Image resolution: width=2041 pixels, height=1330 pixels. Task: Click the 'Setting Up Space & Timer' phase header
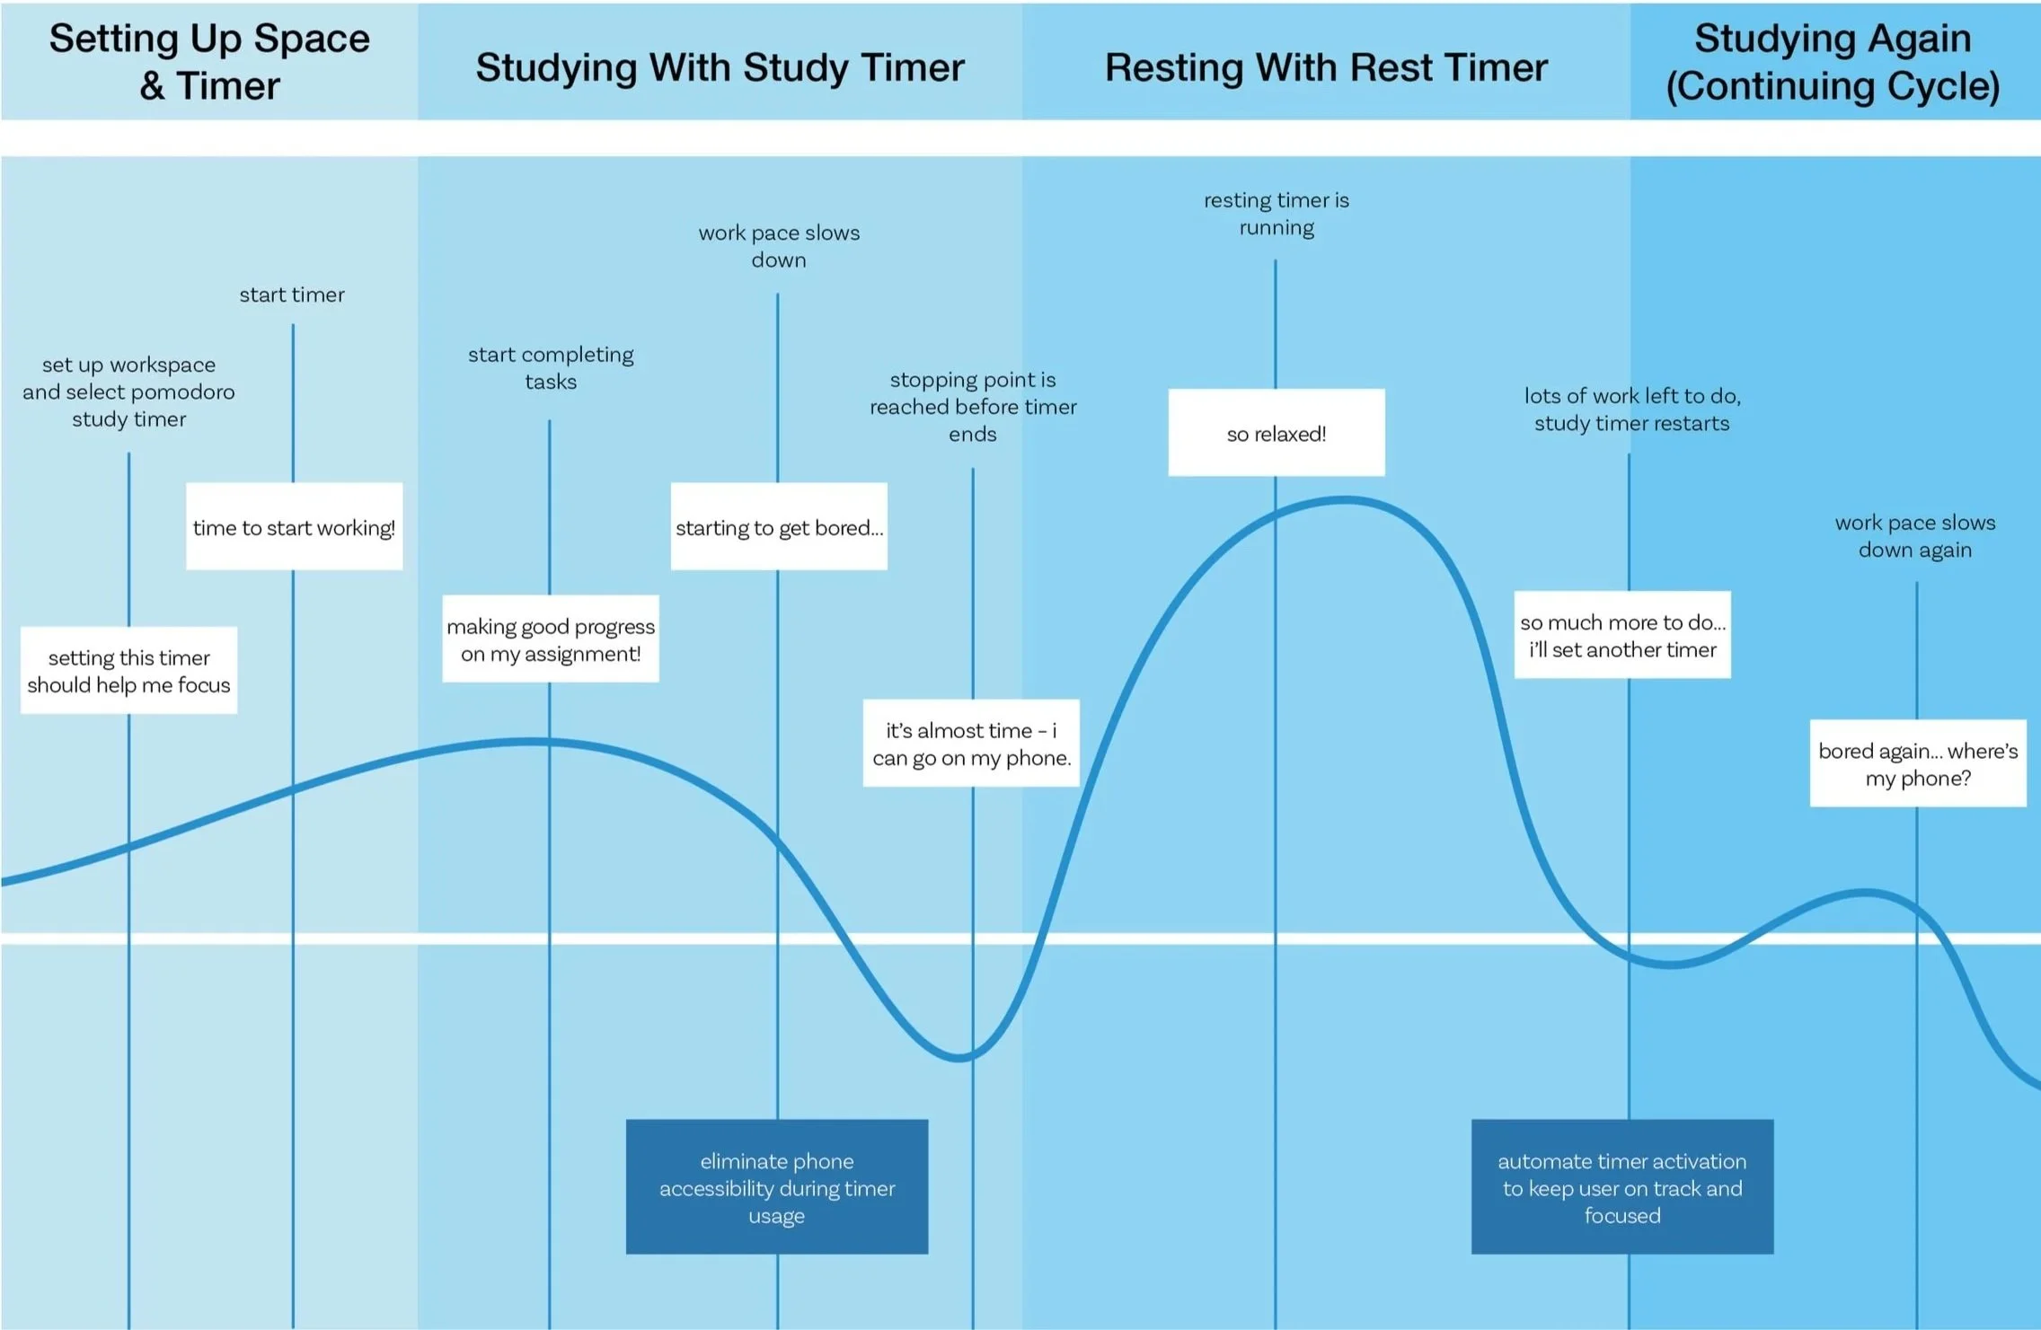pos(209,62)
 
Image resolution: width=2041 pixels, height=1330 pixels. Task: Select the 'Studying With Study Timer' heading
pos(720,67)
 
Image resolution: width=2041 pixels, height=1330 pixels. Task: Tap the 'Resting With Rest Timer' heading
pos(1326,67)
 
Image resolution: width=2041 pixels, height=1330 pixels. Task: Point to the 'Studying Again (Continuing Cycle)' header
pos(1833,62)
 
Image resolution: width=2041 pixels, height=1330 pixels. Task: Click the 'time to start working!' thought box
pos(294,527)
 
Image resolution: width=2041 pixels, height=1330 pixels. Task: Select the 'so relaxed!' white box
pos(1276,433)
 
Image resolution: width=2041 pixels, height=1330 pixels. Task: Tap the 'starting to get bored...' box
pos(779,527)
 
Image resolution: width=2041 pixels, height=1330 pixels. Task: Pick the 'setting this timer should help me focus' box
pos(128,671)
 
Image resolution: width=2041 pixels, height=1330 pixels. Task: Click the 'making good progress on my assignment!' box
pos(551,639)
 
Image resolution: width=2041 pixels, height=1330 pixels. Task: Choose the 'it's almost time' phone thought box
pos(971,744)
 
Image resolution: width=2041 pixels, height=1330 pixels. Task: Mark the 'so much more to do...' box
pos(1622,635)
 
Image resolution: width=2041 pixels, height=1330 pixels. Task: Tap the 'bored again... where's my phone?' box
pos(1918,763)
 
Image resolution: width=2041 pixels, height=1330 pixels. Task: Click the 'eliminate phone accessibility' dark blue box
pos(777,1187)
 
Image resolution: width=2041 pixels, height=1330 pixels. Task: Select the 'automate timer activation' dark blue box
pos(1622,1187)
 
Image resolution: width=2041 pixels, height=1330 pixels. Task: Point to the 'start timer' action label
pos(292,295)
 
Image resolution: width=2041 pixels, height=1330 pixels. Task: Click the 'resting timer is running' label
pos(1276,214)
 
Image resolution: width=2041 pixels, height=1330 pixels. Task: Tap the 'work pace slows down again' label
pos(1915,536)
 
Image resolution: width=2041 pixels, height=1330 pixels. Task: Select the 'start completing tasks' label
pos(551,368)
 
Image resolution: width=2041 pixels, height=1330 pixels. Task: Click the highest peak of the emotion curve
pos(1345,500)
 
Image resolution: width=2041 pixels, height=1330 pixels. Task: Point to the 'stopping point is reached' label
pos(973,407)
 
